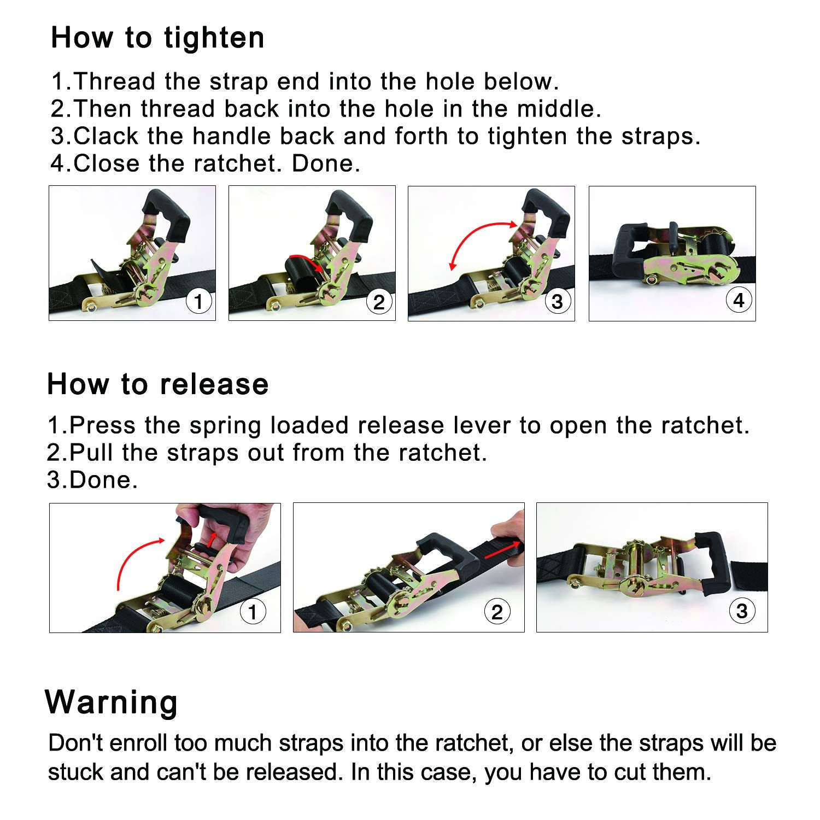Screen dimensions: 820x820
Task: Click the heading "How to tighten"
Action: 157,38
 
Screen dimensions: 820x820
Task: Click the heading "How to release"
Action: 157,384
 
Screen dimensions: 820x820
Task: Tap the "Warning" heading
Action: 112,702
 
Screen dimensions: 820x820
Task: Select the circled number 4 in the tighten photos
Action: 739,300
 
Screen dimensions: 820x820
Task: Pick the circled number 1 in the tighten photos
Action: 198,301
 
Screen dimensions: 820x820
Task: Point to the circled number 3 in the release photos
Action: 742,611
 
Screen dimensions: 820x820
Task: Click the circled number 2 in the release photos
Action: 497,612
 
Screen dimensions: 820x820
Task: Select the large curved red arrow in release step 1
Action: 134,558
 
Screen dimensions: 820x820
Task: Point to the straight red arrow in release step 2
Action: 502,551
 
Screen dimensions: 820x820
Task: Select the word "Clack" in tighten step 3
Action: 106,136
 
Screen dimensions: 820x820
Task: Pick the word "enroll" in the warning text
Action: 138,743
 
